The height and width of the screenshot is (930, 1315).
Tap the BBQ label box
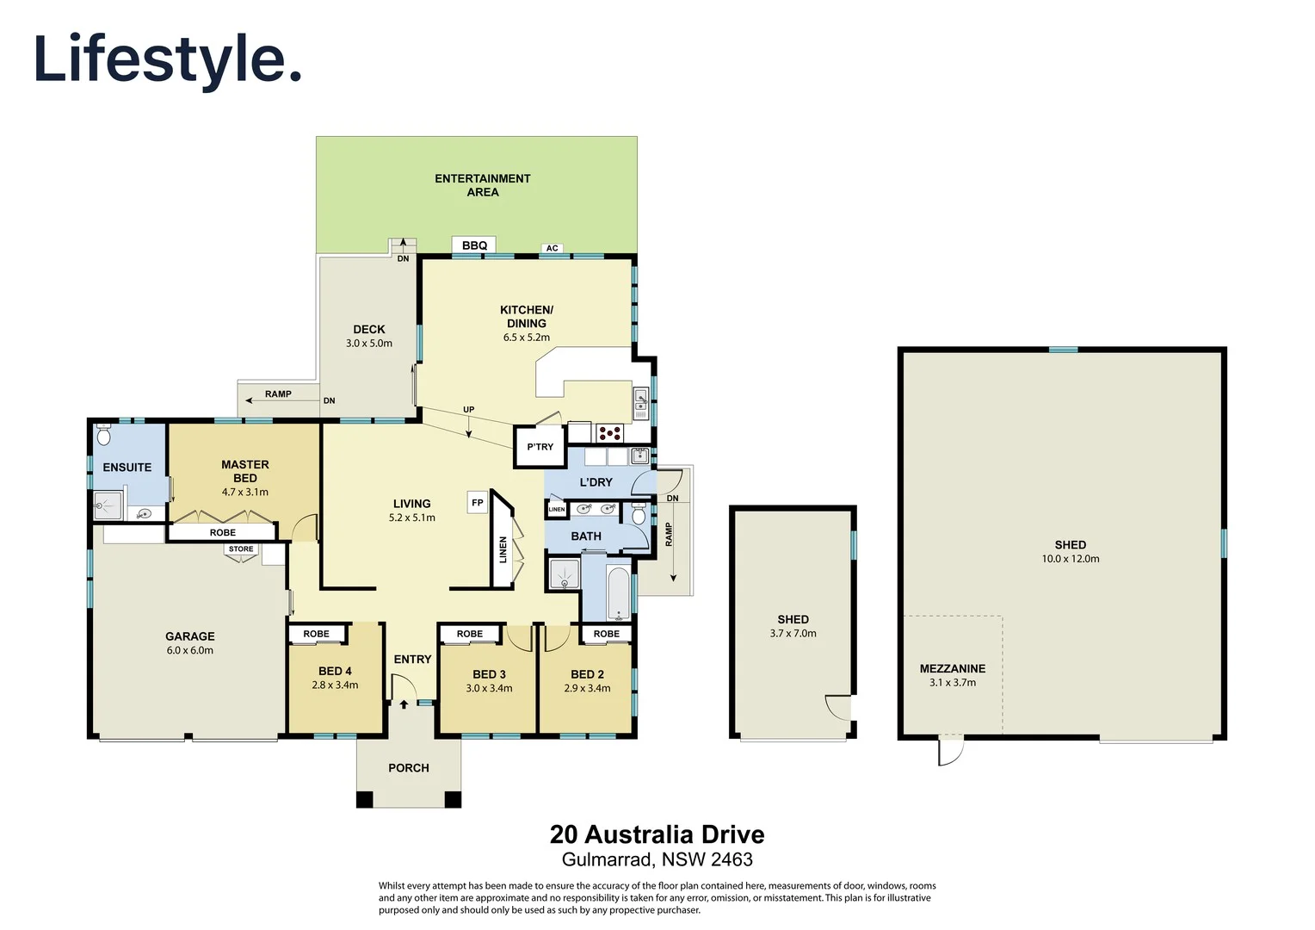[474, 245]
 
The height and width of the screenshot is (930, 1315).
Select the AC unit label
[553, 248]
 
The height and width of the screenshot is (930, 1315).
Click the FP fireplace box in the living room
[478, 502]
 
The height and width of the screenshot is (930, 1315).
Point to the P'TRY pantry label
[540, 446]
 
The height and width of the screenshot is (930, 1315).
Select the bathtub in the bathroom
[619, 592]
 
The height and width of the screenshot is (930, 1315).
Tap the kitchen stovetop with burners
[609, 432]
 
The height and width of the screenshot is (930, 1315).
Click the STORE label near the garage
[241, 549]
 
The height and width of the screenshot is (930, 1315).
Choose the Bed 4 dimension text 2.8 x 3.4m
[335, 685]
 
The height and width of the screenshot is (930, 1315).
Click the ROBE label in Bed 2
[606, 634]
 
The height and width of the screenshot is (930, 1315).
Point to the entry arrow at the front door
[404, 704]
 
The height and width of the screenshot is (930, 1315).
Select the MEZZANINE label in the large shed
[952, 668]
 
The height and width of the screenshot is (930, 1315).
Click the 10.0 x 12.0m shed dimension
[1070, 559]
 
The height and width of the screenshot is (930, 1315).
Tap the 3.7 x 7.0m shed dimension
[793, 633]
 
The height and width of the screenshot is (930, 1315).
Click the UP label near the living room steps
[468, 410]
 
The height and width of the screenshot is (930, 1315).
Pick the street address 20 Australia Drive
[657, 834]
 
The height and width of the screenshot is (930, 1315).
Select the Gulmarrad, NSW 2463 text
[657, 859]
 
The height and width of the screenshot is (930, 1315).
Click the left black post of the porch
[365, 799]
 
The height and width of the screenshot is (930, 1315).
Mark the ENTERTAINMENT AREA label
[482, 185]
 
